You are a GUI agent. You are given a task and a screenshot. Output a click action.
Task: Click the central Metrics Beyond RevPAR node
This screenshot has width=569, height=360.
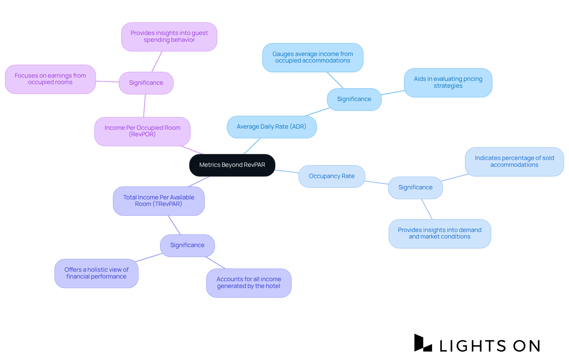tap(232, 165)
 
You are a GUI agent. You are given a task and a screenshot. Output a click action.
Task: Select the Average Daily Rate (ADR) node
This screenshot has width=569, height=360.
tap(271, 127)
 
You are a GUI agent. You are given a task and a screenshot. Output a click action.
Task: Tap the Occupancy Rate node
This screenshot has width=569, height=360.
tap(332, 176)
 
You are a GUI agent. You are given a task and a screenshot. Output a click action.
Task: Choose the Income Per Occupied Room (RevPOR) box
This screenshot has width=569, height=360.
tap(142, 131)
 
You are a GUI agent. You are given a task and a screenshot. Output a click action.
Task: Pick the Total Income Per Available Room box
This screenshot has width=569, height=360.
tap(159, 201)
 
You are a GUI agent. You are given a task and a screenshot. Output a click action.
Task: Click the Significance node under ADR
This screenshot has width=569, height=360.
tap(354, 99)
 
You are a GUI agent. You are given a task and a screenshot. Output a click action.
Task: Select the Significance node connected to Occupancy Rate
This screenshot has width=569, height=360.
tap(415, 188)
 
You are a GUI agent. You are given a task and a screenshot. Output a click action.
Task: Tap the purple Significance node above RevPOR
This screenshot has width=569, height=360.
tap(146, 83)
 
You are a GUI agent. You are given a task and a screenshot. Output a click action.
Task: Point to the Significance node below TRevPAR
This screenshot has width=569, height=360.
tap(187, 245)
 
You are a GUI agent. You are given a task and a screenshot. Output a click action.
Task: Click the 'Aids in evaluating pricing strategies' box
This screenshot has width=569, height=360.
tap(448, 83)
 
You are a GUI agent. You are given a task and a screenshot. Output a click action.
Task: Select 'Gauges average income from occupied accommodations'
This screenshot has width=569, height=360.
tap(312, 57)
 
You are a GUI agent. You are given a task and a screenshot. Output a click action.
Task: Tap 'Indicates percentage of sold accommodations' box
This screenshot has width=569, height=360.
tap(514, 162)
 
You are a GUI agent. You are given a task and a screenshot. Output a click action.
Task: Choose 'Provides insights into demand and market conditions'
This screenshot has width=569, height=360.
tap(439, 233)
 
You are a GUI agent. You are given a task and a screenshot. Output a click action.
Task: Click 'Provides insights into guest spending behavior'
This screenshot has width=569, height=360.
tap(169, 37)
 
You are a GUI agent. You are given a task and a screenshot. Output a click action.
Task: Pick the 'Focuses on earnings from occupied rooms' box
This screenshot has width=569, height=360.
tap(50, 79)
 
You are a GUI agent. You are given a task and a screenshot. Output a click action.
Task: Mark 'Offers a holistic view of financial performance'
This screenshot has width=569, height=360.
tap(96, 273)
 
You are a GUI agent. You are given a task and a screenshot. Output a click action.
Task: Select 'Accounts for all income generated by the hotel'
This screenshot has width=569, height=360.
tap(249, 283)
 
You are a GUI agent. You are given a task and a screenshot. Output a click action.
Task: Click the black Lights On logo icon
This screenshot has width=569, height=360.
tap(422, 343)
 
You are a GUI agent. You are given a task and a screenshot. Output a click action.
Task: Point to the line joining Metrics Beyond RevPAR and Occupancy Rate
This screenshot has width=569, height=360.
tap(287, 171)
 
